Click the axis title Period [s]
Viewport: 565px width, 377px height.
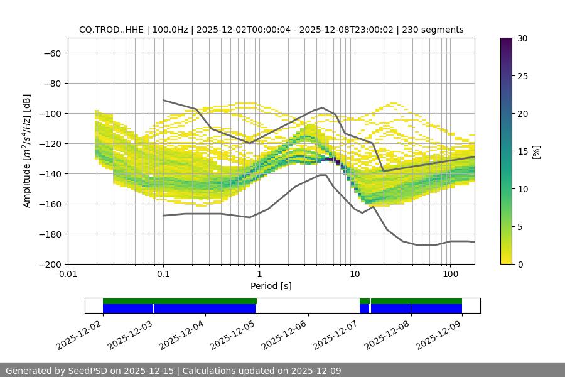[271, 286]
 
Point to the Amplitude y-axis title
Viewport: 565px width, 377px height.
[27, 151]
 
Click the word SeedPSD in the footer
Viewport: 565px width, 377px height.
[85, 371]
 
